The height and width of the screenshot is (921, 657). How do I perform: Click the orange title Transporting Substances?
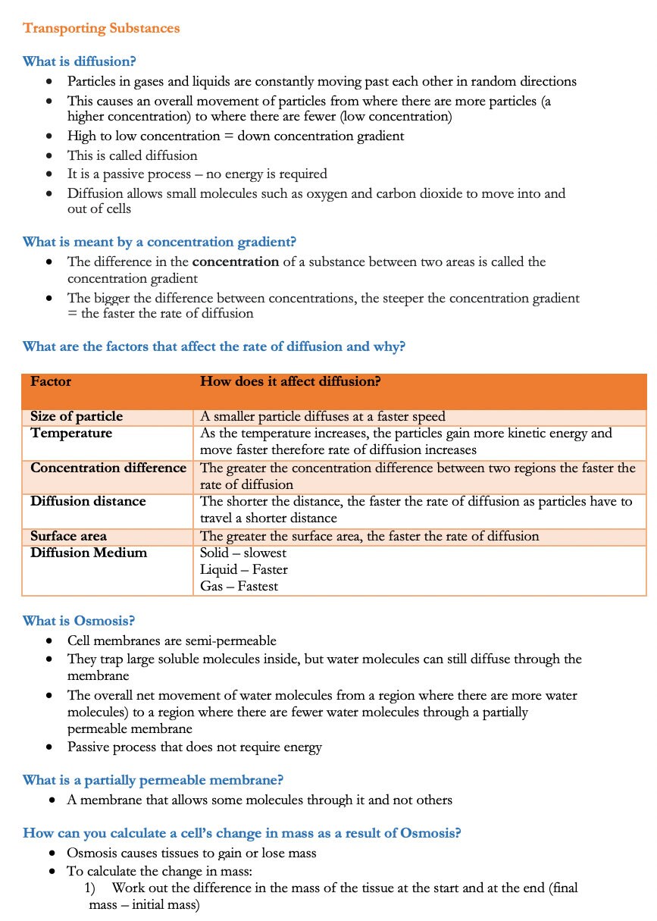coord(101,29)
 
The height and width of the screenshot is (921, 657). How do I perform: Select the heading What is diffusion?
coord(79,61)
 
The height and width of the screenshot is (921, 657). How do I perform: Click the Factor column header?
coord(51,381)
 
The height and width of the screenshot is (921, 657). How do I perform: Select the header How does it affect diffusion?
coord(289,381)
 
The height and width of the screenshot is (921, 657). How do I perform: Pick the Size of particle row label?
coord(77,416)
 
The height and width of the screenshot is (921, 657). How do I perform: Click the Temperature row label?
coord(71,434)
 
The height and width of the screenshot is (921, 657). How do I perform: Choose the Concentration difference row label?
coord(108,468)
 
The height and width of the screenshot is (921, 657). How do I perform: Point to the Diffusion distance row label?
coord(88,501)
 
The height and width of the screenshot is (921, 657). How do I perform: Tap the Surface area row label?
coord(68,536)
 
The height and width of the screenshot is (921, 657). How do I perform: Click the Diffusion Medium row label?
coord(89,553)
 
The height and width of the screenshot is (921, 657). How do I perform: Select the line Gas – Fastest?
coord(239,586)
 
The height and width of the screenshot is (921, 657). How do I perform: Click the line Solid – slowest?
coord(243,553)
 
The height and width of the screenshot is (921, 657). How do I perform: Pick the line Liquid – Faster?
coord(243,569)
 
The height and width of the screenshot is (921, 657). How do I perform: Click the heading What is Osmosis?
coord(79,621)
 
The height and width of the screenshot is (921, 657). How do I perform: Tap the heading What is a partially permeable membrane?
coord(153,780)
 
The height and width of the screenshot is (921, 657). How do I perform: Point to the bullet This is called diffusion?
coord(132,155)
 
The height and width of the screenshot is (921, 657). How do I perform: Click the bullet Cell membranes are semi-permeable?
coord(171,641)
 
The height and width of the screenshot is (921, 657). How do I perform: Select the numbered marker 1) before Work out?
coord(89,888)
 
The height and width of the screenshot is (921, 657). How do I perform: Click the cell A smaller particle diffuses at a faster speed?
coord(322,416)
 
